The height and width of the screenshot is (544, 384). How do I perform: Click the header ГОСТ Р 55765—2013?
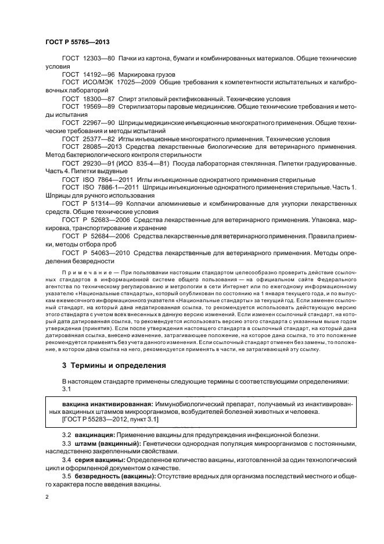(77, 44)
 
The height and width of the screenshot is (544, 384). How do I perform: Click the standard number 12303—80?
(101, 60)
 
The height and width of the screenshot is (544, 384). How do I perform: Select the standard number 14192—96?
(101, 75)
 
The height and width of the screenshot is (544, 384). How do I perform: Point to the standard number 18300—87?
(101, 99)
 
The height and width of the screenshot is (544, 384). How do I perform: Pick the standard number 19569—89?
(101, 107)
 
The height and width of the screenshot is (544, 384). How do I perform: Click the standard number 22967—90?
(101, 123)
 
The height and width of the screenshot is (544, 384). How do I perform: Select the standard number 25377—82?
(101, 139)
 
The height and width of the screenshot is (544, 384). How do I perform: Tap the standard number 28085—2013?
(104, 148)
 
